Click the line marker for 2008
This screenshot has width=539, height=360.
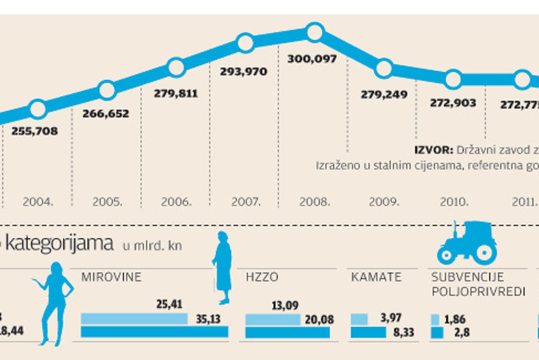pos(315,32)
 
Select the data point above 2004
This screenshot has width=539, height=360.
pos(38,109)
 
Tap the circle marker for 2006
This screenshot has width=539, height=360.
pos(176,67)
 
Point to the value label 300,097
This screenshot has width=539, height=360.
pos(312,59)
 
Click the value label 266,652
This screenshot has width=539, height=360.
pos(106,114)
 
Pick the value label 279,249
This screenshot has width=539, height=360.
pos(384,95)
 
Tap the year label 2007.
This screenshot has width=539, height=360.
pos(246,202)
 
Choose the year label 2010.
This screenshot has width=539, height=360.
pos(454,202)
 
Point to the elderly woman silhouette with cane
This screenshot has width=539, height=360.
pos(222,268)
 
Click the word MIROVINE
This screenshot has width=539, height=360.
pos(111,277)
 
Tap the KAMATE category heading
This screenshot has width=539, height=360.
pos(376,277)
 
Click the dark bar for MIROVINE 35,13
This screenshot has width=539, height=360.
pos(154,332)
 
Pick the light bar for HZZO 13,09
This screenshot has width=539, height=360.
pos(272,319)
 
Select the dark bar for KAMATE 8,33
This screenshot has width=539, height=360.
pos(368,332)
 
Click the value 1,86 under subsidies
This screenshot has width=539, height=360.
pos(455,319)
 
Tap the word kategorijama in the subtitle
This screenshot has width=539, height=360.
pos(59,244)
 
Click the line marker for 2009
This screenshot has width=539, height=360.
pos(384,68)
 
